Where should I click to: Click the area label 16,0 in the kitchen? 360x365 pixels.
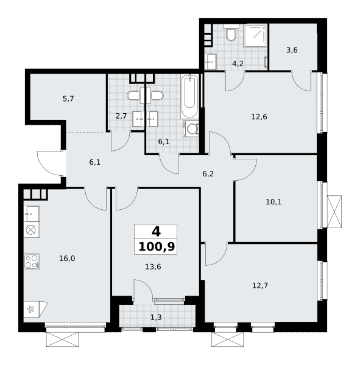point(67,259)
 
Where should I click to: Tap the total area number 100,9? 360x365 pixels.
point(157,247)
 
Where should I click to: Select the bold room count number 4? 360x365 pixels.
point(156,232)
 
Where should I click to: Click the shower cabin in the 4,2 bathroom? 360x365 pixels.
point(255,36)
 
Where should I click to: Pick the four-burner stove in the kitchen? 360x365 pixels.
point(32,262)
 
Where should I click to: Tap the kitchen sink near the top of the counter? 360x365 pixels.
point(32,214)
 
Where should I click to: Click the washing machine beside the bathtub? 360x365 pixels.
point(191,128)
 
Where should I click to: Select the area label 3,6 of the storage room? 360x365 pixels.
point(292,50)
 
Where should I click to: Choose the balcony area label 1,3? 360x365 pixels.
point(156,317)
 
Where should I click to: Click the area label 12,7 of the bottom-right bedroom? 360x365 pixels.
point(260,285)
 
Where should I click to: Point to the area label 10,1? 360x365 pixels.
point(274,202)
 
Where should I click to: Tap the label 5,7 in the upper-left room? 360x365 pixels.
point(68,99)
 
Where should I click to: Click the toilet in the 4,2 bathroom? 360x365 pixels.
point(231,33)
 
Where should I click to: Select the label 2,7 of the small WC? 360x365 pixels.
point(121,116)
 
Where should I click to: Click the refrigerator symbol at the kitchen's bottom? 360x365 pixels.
point(35,309)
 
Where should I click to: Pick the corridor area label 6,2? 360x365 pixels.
point(208,174)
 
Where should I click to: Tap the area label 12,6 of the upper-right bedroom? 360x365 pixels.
point(259,117)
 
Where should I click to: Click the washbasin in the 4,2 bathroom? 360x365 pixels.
point(211,61)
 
